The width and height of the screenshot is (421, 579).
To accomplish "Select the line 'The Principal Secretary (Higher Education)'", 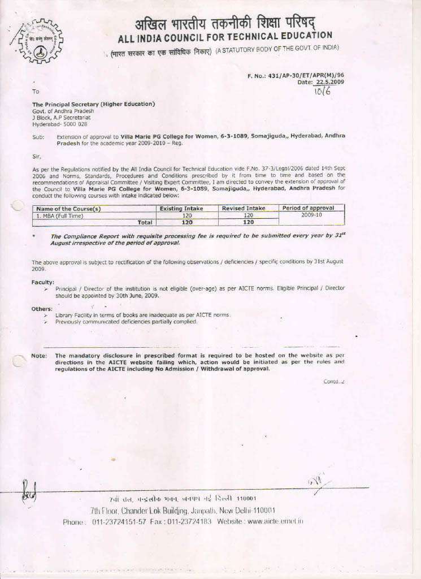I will point(93,104).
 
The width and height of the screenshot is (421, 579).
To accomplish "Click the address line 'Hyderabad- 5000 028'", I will point(59,123).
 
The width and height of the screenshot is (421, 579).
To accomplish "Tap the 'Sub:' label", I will point(38,137).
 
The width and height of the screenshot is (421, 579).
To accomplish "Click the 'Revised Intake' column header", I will point(243,208).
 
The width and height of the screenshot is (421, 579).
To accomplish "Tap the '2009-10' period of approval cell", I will point(311,215).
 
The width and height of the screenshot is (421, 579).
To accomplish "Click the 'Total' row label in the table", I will point(145,222).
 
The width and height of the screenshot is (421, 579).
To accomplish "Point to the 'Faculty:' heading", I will point(43,282).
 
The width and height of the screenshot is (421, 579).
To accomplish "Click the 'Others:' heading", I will point(42,309).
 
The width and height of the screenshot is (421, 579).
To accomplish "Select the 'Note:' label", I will point(39,356).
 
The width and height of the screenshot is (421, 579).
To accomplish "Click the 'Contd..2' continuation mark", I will point(333,381).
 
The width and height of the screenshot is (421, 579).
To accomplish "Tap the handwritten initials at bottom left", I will point(28,491).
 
